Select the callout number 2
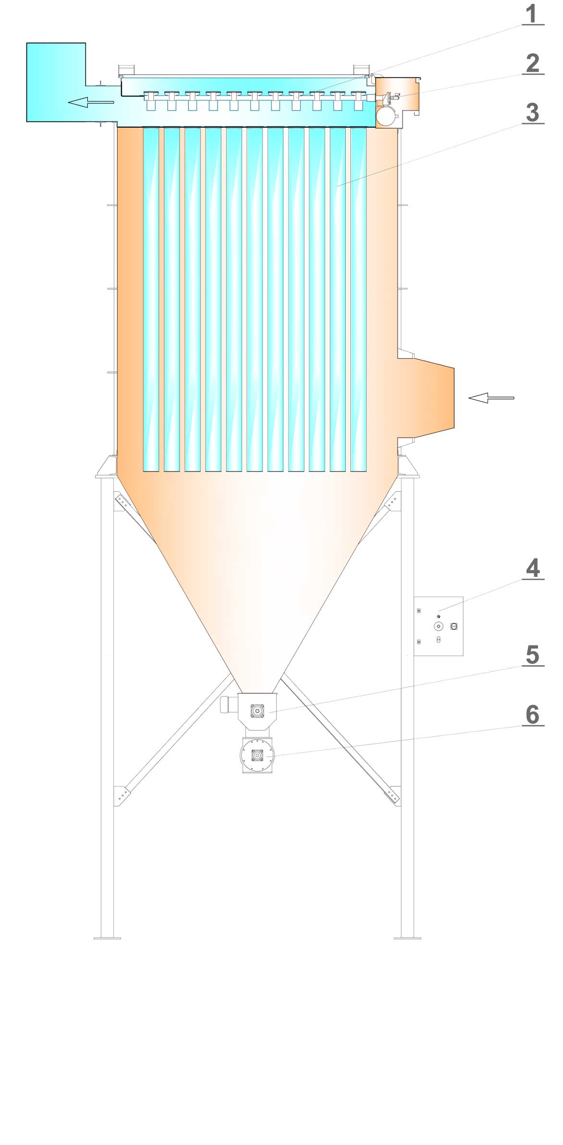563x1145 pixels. pyautogui.click(x=533, y=63)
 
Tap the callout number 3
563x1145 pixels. pyautogui.click(x=533, y=113)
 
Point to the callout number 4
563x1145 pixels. pyautogui.click(x=533, y=569)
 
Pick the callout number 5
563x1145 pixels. pyautogui.click(x=533, y=655)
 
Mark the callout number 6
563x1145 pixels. pyautogui.click(x=533, y=715)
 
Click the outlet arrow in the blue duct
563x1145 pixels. pyautogui.click(x=91, y=102)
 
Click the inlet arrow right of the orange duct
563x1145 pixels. pyautogui.click(x=491, y=398)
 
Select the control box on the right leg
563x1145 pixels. pyautogui.click(x=438, y=626)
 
